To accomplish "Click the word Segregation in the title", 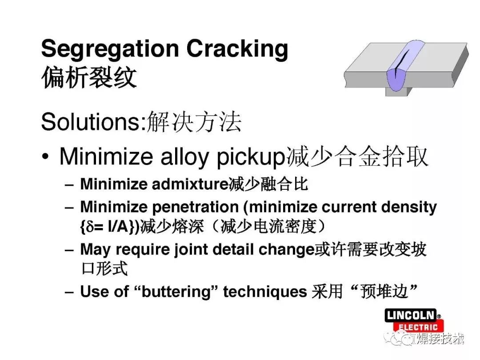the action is point(110,49).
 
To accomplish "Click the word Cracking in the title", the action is point(237,49).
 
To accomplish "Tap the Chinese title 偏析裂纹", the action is point(89,77).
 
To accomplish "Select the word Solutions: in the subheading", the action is point(94,122).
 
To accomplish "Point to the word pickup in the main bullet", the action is point(251,157).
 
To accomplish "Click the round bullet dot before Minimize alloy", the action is point(45,156).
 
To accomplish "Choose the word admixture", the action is point(190,184).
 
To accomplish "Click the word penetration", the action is point(195,207).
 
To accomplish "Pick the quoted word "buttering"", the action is point(176,291).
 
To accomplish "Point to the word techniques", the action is point(265,291).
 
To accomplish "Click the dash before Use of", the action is point(69,292).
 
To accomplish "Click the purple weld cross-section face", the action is point(398,79).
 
